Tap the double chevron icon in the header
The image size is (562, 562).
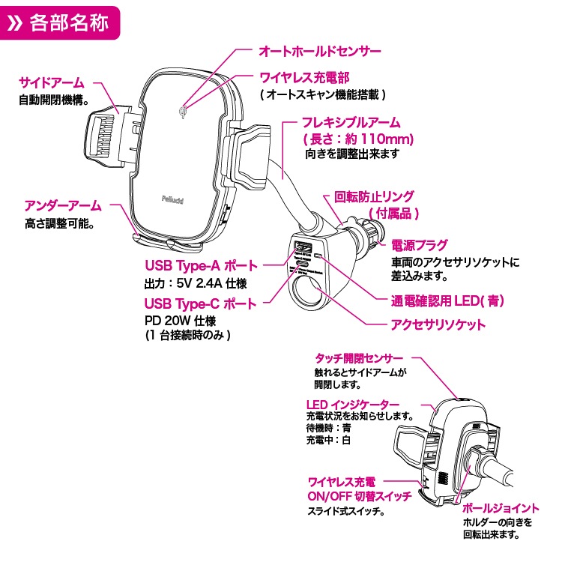[x=18, y=22]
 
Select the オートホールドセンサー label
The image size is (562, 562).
[x=320, y=51]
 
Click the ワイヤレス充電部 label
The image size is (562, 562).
[x=304, y=77]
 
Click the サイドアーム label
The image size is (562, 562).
[x=51, y=82]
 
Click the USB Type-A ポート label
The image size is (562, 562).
[x=200, y=266]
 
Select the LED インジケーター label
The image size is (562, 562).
[x=352, y=405]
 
